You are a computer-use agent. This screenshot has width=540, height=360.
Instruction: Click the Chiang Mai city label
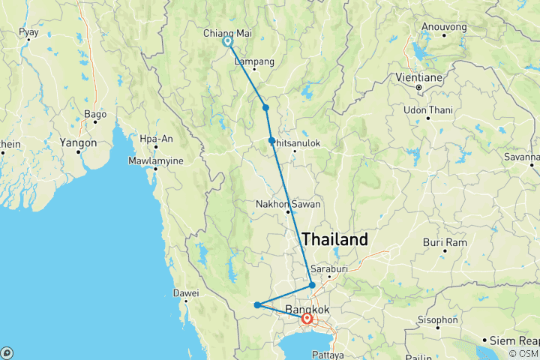pyautogui.click(x=227, y=33)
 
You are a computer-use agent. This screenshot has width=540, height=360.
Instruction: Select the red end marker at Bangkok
pyautogui.click(x=307, y=318)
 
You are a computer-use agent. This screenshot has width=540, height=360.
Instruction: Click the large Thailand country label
pyautogui.click(x=334, y=240)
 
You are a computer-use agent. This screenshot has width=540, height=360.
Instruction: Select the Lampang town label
pyautogui.click(x=254, y=61)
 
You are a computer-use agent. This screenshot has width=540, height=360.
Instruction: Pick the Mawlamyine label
pyautogui.click(x=155, y=159)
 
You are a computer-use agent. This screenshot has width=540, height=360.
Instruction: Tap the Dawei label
pyautogui.click(x=185, y=292)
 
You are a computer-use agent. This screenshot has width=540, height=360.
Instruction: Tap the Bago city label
pyautogui.click(x=95, y=114)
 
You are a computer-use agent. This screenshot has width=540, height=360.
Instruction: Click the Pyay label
pyautogui.click(x=28, y=32)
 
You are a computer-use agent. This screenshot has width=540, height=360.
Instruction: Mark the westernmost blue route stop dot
pyautogui.click(x=257, y=304)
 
